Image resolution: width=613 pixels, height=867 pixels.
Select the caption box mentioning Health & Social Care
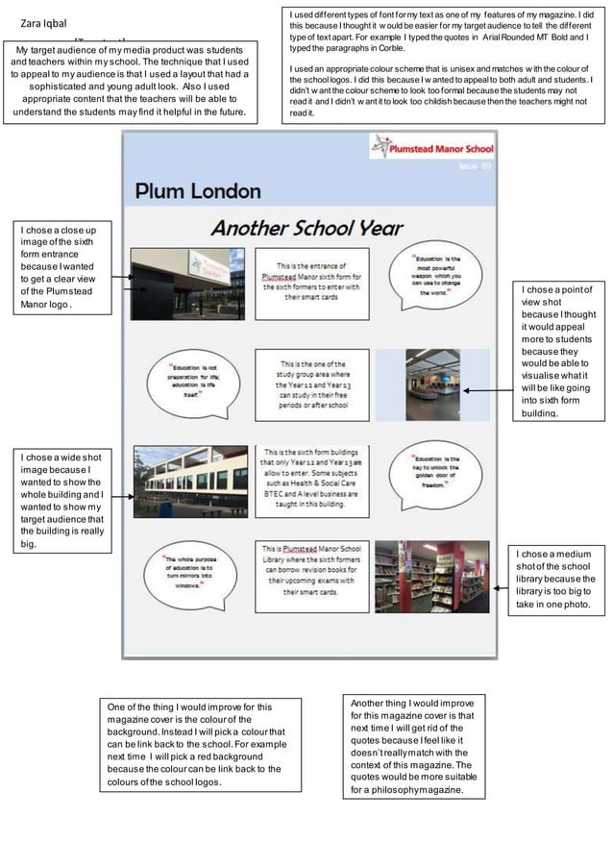311,475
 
